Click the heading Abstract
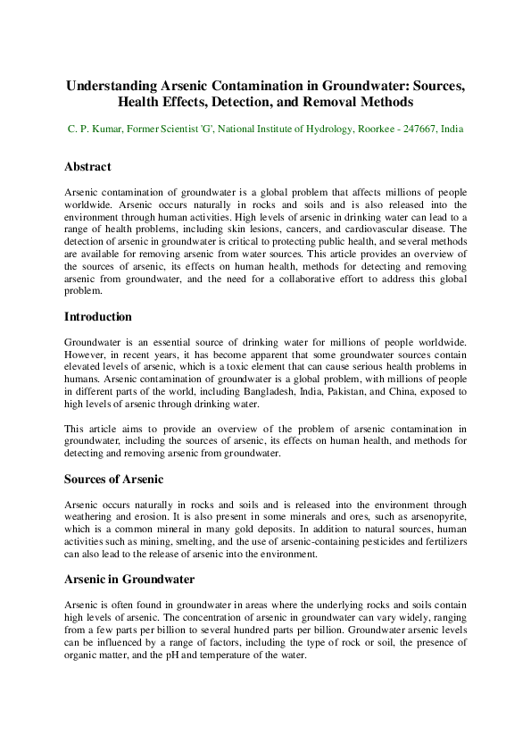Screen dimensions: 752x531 click(x=87, y=166)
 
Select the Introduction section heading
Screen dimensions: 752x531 click(x=98, y=316)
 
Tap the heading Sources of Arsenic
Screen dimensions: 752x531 click(x=113, y=479)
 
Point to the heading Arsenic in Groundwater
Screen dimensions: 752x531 click(x=130, y=579)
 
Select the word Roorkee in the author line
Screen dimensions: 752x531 click(x=366, y=129)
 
